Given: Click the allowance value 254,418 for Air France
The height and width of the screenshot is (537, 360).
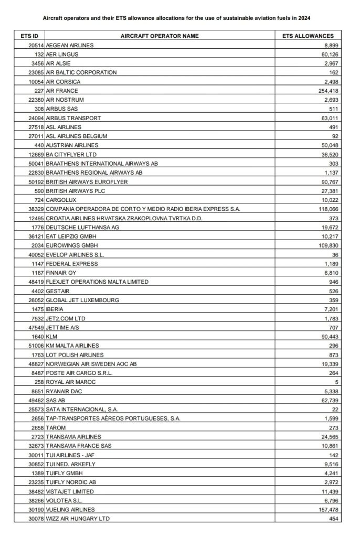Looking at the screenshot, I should pos(337,91).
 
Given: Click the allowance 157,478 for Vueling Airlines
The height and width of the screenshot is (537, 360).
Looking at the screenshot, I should pos(337,509).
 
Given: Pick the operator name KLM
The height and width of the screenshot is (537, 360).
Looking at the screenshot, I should pos(51,336).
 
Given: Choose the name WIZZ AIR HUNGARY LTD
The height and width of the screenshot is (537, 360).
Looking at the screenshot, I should pos(78,518).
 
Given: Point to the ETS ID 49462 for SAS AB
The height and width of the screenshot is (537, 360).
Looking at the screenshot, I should pos(35,400).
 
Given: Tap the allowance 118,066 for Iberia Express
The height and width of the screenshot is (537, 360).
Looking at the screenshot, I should pos(337,209).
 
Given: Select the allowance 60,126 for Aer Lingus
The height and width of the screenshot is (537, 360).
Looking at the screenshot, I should pos(338,54).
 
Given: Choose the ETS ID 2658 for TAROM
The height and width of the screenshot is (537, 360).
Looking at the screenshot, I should pos(37,427).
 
